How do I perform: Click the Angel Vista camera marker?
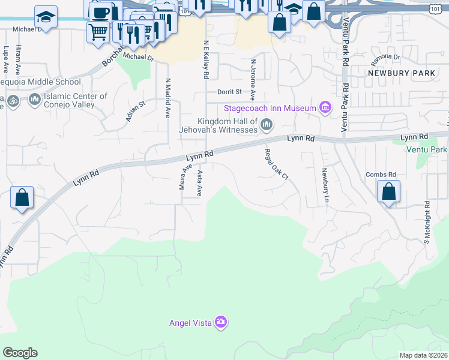click(x=221, y=323)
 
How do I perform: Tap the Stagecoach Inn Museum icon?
click(x=325, y=108)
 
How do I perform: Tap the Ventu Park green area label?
click(x=426, y=149)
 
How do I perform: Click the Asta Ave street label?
click(x=199, y=183)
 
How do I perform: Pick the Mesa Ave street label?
click(x=185, y=177)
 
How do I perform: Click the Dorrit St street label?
click(x=229, y=92)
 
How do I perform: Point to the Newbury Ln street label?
click(x=325, y=186)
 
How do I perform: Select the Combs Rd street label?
click(x=378, y=175)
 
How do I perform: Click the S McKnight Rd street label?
click(x=427, y=221)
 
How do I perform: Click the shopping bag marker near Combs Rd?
click(x=389, y=192)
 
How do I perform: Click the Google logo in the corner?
click(x=20, y=353)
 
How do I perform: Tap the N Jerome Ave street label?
click(x=253, y=80)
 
